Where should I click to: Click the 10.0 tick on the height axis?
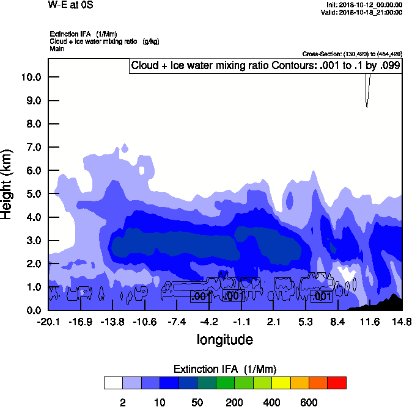(x=31, y=77)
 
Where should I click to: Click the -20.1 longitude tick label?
(x=48, y=322)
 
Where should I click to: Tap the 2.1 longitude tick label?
(x=274, y=322)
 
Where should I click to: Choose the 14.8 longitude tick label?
(x=402, y=322)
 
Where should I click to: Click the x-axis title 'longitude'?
(x=224, y=339)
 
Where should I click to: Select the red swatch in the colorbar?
(x=337, y=383)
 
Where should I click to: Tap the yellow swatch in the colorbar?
(x=281, y=383)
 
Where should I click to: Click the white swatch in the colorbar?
(x=113, y=383)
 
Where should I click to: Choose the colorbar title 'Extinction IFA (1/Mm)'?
(x=225, y=369)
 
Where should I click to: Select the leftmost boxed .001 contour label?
(x=200, y=297)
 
